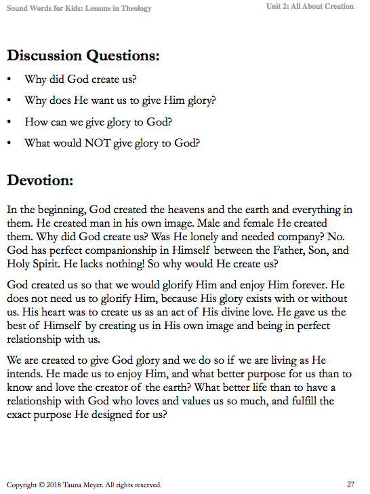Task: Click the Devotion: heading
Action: coord(40,181)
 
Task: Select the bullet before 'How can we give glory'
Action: coord(9,122)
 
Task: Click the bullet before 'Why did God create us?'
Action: coord(9,79)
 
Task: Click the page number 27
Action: coord(350,484)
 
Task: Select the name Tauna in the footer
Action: coord(75,485)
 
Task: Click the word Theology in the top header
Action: coord(135,8)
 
